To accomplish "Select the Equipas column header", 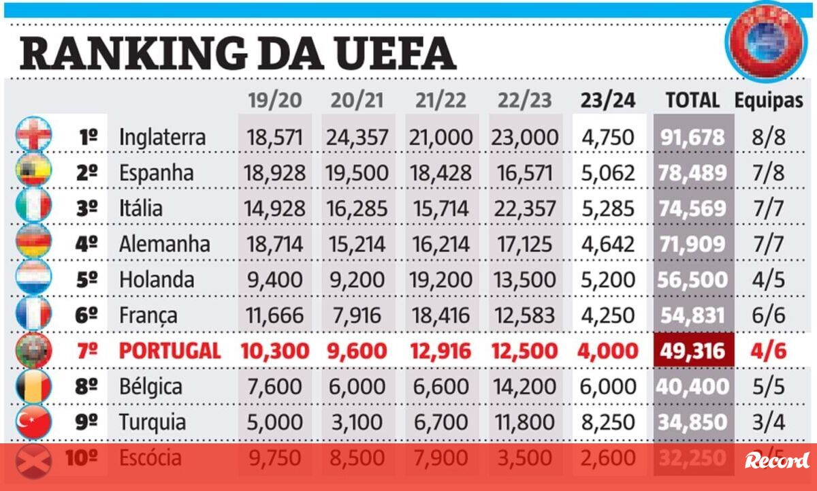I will (769, 100).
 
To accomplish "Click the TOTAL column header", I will (692, 100).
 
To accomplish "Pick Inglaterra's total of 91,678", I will (692, 137).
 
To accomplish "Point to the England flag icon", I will (33, 134).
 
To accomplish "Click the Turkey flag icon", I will (33, 422).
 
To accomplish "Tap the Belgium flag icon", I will (33, 386).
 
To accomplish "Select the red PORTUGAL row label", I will (170, 351).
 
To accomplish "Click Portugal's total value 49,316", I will (692, 351).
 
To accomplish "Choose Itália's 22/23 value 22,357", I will (525, 208).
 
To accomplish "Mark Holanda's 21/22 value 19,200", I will (440, 279).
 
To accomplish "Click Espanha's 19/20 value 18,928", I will (274, 173).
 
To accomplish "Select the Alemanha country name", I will (164, 244).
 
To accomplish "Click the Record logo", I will (777, 460).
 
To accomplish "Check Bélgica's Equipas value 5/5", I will (769, 386).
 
